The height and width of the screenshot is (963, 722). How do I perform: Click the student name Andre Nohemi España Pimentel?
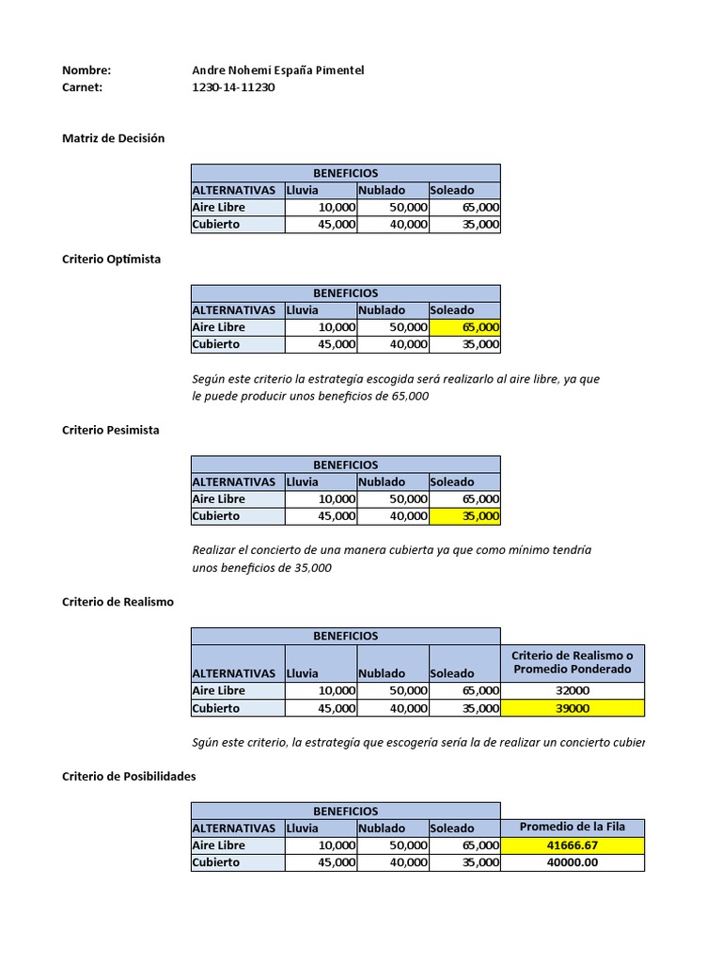point(277,71)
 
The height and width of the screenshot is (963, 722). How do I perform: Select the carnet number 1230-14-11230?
point(233,87)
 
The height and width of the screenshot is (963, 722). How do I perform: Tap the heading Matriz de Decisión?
point(113,138)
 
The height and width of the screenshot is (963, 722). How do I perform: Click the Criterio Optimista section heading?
point(111,259)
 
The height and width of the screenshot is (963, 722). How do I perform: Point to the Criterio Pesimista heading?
point(110,430)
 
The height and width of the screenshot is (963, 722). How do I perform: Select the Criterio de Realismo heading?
point(118,602)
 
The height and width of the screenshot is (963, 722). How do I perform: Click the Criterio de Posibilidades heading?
point(129,776)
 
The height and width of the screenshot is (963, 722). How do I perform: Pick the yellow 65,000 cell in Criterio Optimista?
point(464,327)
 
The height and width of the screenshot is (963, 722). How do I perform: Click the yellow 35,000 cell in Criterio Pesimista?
point(464,516)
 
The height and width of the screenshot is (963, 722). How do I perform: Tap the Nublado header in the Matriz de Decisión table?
point(382,190)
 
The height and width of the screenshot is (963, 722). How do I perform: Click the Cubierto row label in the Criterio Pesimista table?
point(216,516)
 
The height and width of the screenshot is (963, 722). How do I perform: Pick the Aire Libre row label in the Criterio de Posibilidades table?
point(219,845)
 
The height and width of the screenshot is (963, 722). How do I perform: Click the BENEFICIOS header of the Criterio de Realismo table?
point(345,636)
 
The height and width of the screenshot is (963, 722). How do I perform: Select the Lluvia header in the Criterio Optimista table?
point(303,310)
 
